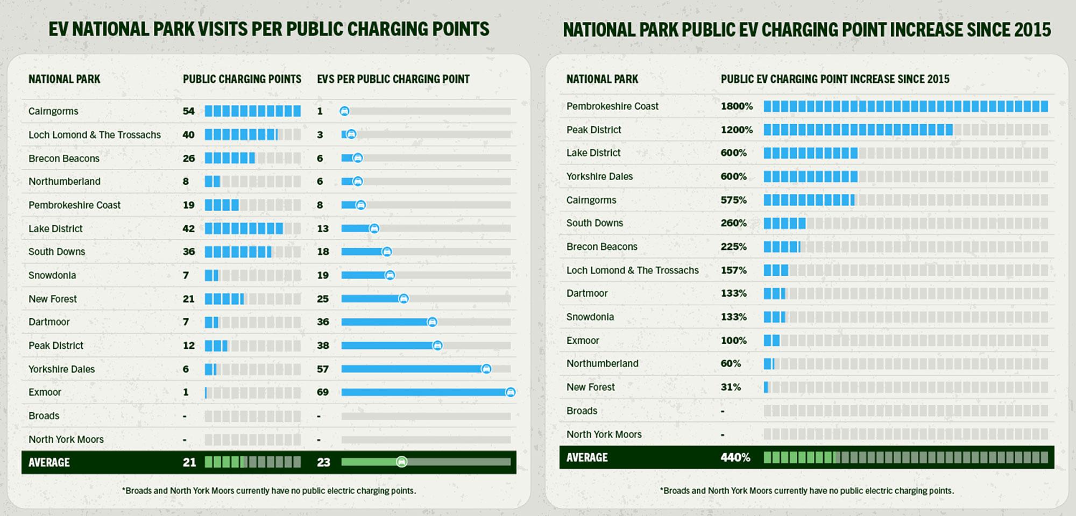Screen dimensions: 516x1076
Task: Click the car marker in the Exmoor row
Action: pos(510,392)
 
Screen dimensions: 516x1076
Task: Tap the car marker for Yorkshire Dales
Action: pos(486,369)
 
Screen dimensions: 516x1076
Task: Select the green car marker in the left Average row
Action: pos(401,462)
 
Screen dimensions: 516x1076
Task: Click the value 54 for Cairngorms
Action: pos(188,111)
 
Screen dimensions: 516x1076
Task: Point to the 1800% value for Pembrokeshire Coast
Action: pos(737,106)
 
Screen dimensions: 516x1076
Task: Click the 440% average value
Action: pos(735,457)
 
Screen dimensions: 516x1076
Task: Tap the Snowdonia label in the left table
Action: pos(52,275)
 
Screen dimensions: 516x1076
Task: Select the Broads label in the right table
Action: pos(582,411)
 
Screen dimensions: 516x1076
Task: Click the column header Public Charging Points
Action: pos(242,80)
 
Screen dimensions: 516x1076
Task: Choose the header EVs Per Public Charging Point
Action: pos(393,80)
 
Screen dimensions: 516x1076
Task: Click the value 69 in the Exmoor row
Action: pos(322,392)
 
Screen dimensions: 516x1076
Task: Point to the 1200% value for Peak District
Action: pos(737,130)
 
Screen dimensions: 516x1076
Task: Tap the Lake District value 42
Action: pos(188,228)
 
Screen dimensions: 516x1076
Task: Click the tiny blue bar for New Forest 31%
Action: pos(766,387)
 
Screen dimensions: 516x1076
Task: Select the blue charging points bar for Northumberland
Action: pos(213,182)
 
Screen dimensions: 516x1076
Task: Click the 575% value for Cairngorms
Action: pos(733,200)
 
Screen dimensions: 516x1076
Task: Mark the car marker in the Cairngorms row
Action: pos(344,111)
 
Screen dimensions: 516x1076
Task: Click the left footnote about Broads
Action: pos(269,491)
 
